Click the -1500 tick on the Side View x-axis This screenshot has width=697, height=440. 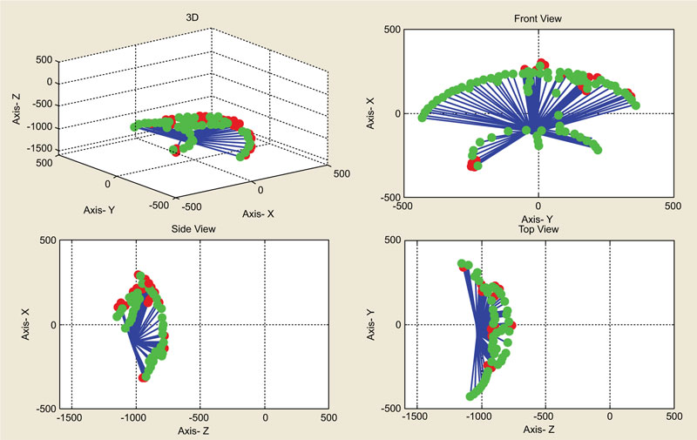(71, 418)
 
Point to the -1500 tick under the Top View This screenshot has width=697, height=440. (416, 418)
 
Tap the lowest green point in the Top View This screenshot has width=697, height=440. (470, 396)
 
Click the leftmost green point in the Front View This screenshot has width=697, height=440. (422, 117)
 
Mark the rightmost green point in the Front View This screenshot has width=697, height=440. (635, 105)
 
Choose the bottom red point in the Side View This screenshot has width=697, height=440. (145, 376)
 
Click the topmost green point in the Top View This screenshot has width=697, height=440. (462, 263)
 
